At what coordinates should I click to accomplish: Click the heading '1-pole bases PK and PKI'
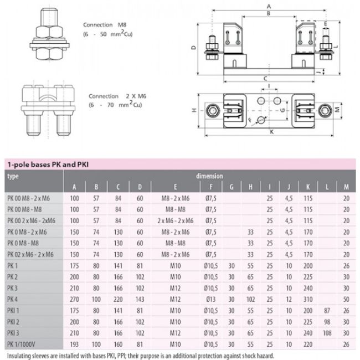coord(47,164)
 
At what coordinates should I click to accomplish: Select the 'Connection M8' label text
coord(105,25)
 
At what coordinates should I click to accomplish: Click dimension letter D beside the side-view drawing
coord(193,48)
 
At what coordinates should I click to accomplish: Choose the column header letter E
coord(175,187)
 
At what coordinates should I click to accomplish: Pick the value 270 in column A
coord(74,299)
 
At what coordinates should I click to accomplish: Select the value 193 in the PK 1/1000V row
coord(74,344)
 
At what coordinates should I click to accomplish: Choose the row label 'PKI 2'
coord(14,322)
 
